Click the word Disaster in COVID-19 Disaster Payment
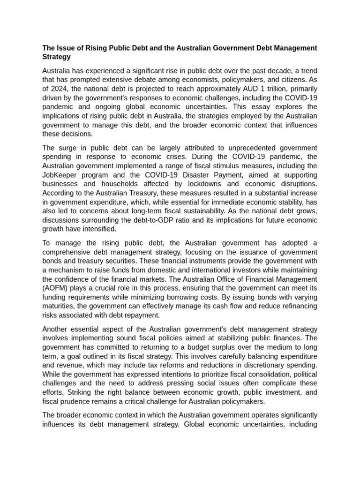[185, 175]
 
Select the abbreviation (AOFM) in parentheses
[55, 288]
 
